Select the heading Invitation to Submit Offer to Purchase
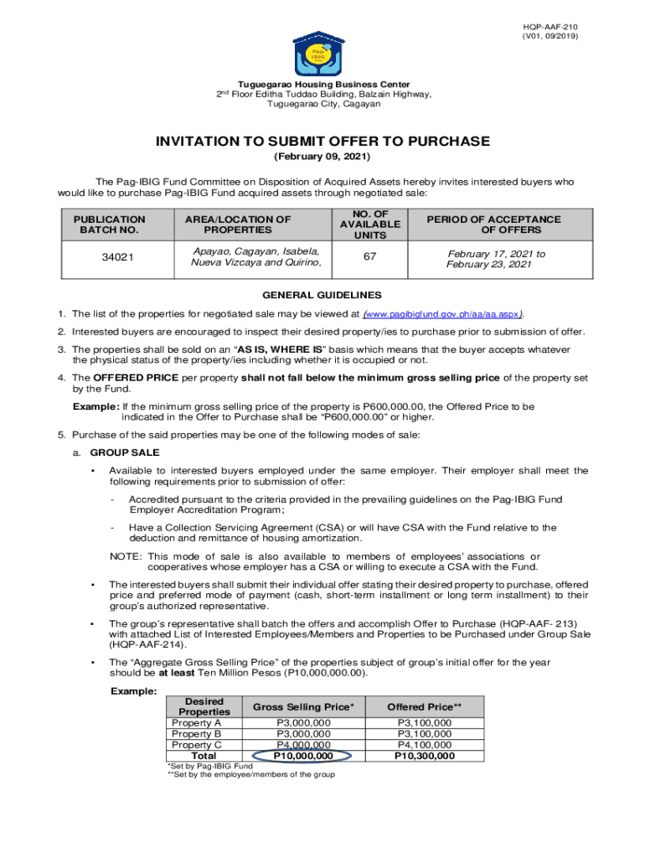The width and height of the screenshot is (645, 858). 322,142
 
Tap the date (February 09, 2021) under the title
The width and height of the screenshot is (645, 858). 322,158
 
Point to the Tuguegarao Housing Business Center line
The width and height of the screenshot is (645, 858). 323,85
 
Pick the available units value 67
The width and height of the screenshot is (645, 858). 369,258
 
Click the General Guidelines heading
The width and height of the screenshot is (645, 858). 322,295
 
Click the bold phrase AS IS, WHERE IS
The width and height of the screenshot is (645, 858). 274,349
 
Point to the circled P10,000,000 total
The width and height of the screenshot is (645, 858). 303,756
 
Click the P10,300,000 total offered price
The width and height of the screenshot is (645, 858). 425,756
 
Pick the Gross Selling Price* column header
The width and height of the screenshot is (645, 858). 303,707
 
